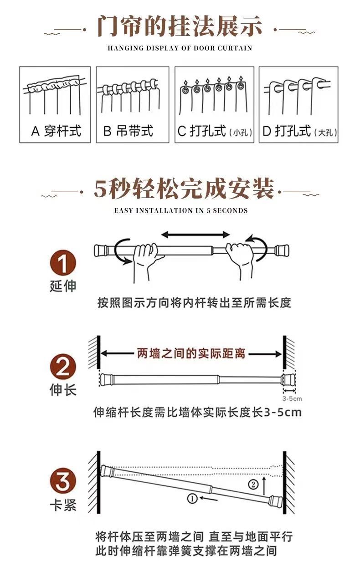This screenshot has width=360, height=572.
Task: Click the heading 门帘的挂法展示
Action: click(180, 26)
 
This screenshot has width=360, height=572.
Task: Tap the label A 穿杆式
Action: click(56, 131)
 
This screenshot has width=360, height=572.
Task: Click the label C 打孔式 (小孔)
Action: click(213, 132)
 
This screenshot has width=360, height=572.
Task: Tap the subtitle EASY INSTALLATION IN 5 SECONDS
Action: click(181, 210)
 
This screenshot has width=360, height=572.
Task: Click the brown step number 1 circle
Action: click(62, 264)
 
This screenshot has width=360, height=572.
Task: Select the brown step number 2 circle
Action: click(62, 367)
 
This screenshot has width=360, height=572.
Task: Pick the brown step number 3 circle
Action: click(62, 481)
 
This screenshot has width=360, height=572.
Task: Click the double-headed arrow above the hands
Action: click(196, 235)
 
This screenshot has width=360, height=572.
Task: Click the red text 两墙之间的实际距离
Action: click(191, 353)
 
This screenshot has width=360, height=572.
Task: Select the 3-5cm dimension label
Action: click(292, 398)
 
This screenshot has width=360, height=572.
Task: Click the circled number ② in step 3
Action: click(253, 484)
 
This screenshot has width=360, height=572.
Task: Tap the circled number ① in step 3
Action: click(192, 499)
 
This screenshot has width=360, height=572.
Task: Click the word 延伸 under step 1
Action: click(62, 286)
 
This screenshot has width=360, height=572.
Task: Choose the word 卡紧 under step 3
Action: click(62, 505)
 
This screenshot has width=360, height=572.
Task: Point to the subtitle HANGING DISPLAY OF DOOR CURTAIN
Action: click(180, 48)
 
